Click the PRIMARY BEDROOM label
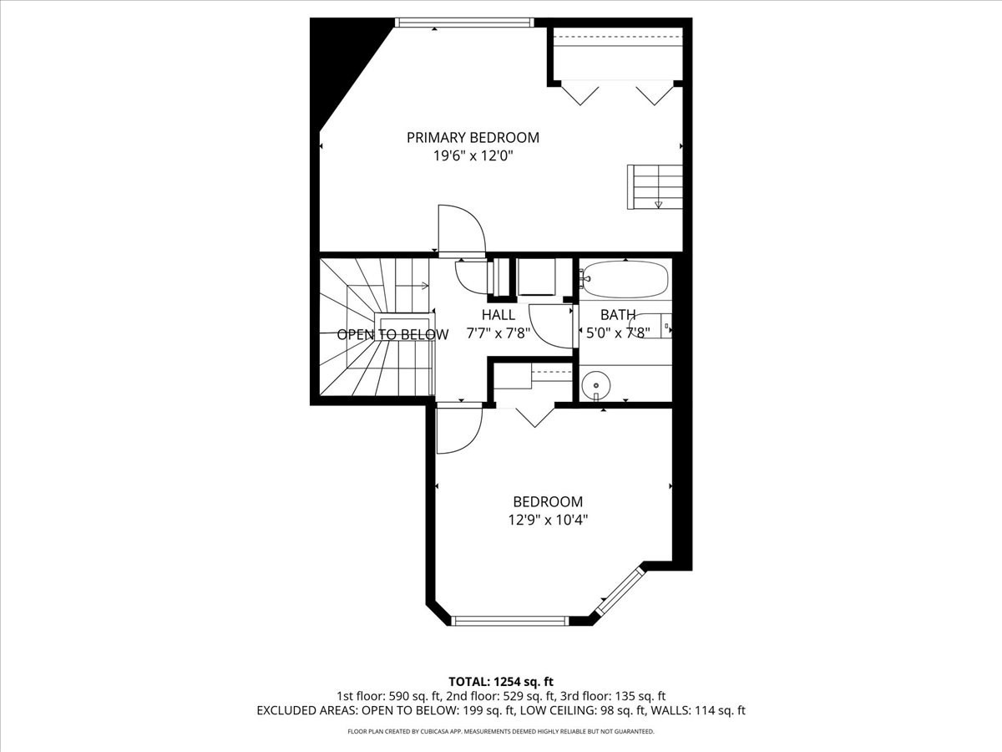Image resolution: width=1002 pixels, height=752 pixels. click(x=473, y=137)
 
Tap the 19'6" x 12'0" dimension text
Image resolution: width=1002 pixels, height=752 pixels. click(x=473, y=158)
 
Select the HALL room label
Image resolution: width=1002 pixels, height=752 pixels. click(x=498, y=315)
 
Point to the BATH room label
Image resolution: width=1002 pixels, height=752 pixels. click(x=618, y=315)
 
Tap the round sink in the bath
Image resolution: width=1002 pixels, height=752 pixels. click(x=596, y=385)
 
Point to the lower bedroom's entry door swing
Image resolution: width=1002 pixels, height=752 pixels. click(x=458, y=428)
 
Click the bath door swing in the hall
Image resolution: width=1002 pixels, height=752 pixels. click(x=549, y=326)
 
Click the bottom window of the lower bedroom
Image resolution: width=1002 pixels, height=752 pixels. click(x=509, y=620)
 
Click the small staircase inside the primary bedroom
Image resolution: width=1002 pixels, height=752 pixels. click(x=655, y=186)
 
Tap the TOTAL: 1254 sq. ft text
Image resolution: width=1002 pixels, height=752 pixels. click(x=500, y=681)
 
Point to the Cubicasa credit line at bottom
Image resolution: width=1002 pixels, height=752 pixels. click(x=500, y=731)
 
